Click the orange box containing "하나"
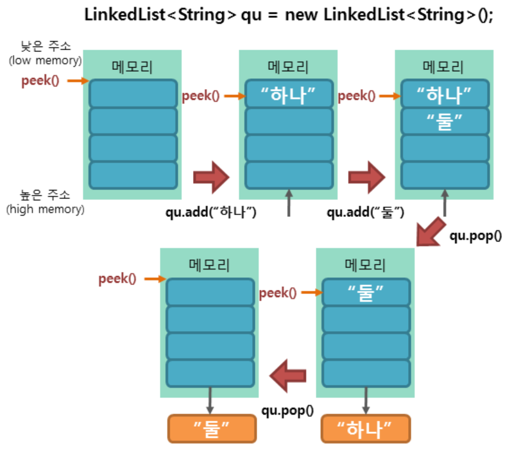tap(366, 429)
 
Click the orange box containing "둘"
tap(212, 429)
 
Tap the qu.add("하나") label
tap(211, 212)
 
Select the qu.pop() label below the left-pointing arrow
tap(287, 411)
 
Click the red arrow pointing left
tap(288, 375)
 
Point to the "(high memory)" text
tap(45, 209)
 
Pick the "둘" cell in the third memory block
tap(445, 121)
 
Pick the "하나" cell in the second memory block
tap(289, 94)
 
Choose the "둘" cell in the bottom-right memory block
tap(366, 292)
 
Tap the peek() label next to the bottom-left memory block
tap(117, 278)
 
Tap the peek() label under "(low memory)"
tap(40, 81)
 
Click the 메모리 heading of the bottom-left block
tap(209, 264)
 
